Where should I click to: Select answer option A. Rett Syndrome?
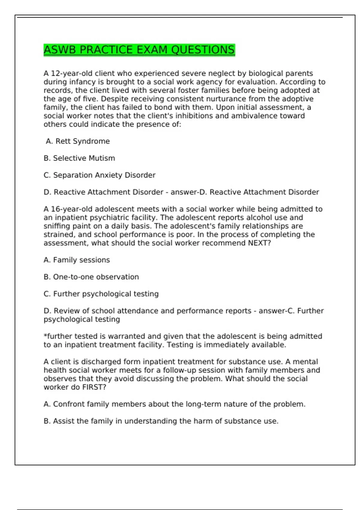[78, 141]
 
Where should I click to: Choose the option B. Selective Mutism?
[79, 158]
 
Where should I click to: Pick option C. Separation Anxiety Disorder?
[99, 175]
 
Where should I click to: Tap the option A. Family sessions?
[77, 260]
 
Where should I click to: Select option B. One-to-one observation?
[91, 277]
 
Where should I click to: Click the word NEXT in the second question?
[259, 243]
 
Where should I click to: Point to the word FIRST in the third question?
[94, 387]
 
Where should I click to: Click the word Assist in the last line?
[64, 421]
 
